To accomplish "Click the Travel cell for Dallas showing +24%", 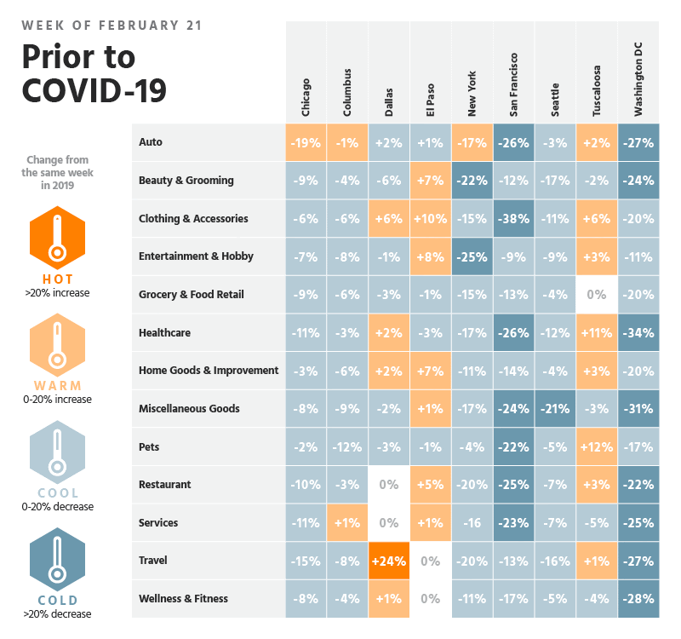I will (x=389, y=561).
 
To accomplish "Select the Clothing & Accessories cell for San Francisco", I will (x=513, y=218).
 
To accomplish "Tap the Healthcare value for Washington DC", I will (x=638, y=332).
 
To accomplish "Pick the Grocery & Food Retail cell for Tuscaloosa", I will (x=597, y=295).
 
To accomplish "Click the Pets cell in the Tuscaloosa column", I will (x=597, y=446).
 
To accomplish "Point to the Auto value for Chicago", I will (x=306, y=142).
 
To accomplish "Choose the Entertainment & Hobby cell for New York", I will (x=472, y=256).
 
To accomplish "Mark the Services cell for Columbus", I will (x=347, y=522).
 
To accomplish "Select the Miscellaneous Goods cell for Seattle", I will (x=555, y=408).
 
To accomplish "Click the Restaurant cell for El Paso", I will (x=430, y=485).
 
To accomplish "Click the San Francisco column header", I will (x=513, y=85).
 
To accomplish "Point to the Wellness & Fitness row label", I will (x=184, y=598).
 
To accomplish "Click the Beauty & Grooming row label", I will (x=186, y=181).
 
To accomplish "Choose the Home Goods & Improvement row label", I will (x=209, y=371).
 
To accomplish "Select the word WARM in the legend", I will (x=57, y=385).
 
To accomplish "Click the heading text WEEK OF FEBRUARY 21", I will (x=112, y=26).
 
